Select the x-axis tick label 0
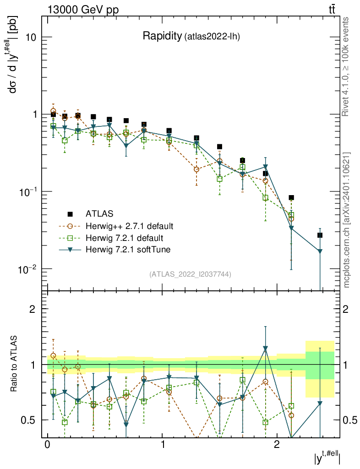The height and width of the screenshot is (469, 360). (x=47, y=446)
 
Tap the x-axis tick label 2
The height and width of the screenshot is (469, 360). (x=277, y=446)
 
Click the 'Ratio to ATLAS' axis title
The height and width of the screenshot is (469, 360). (x=15, y=364)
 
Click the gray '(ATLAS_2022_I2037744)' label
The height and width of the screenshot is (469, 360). (x=190, y=274)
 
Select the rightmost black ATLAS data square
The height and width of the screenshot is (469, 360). (x=320, y=235)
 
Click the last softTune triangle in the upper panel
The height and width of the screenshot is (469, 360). (x=320, y=251)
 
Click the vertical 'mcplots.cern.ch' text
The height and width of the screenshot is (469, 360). (x=347, y=220)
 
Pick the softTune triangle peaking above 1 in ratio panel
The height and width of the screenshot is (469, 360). (x=265, y=349)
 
